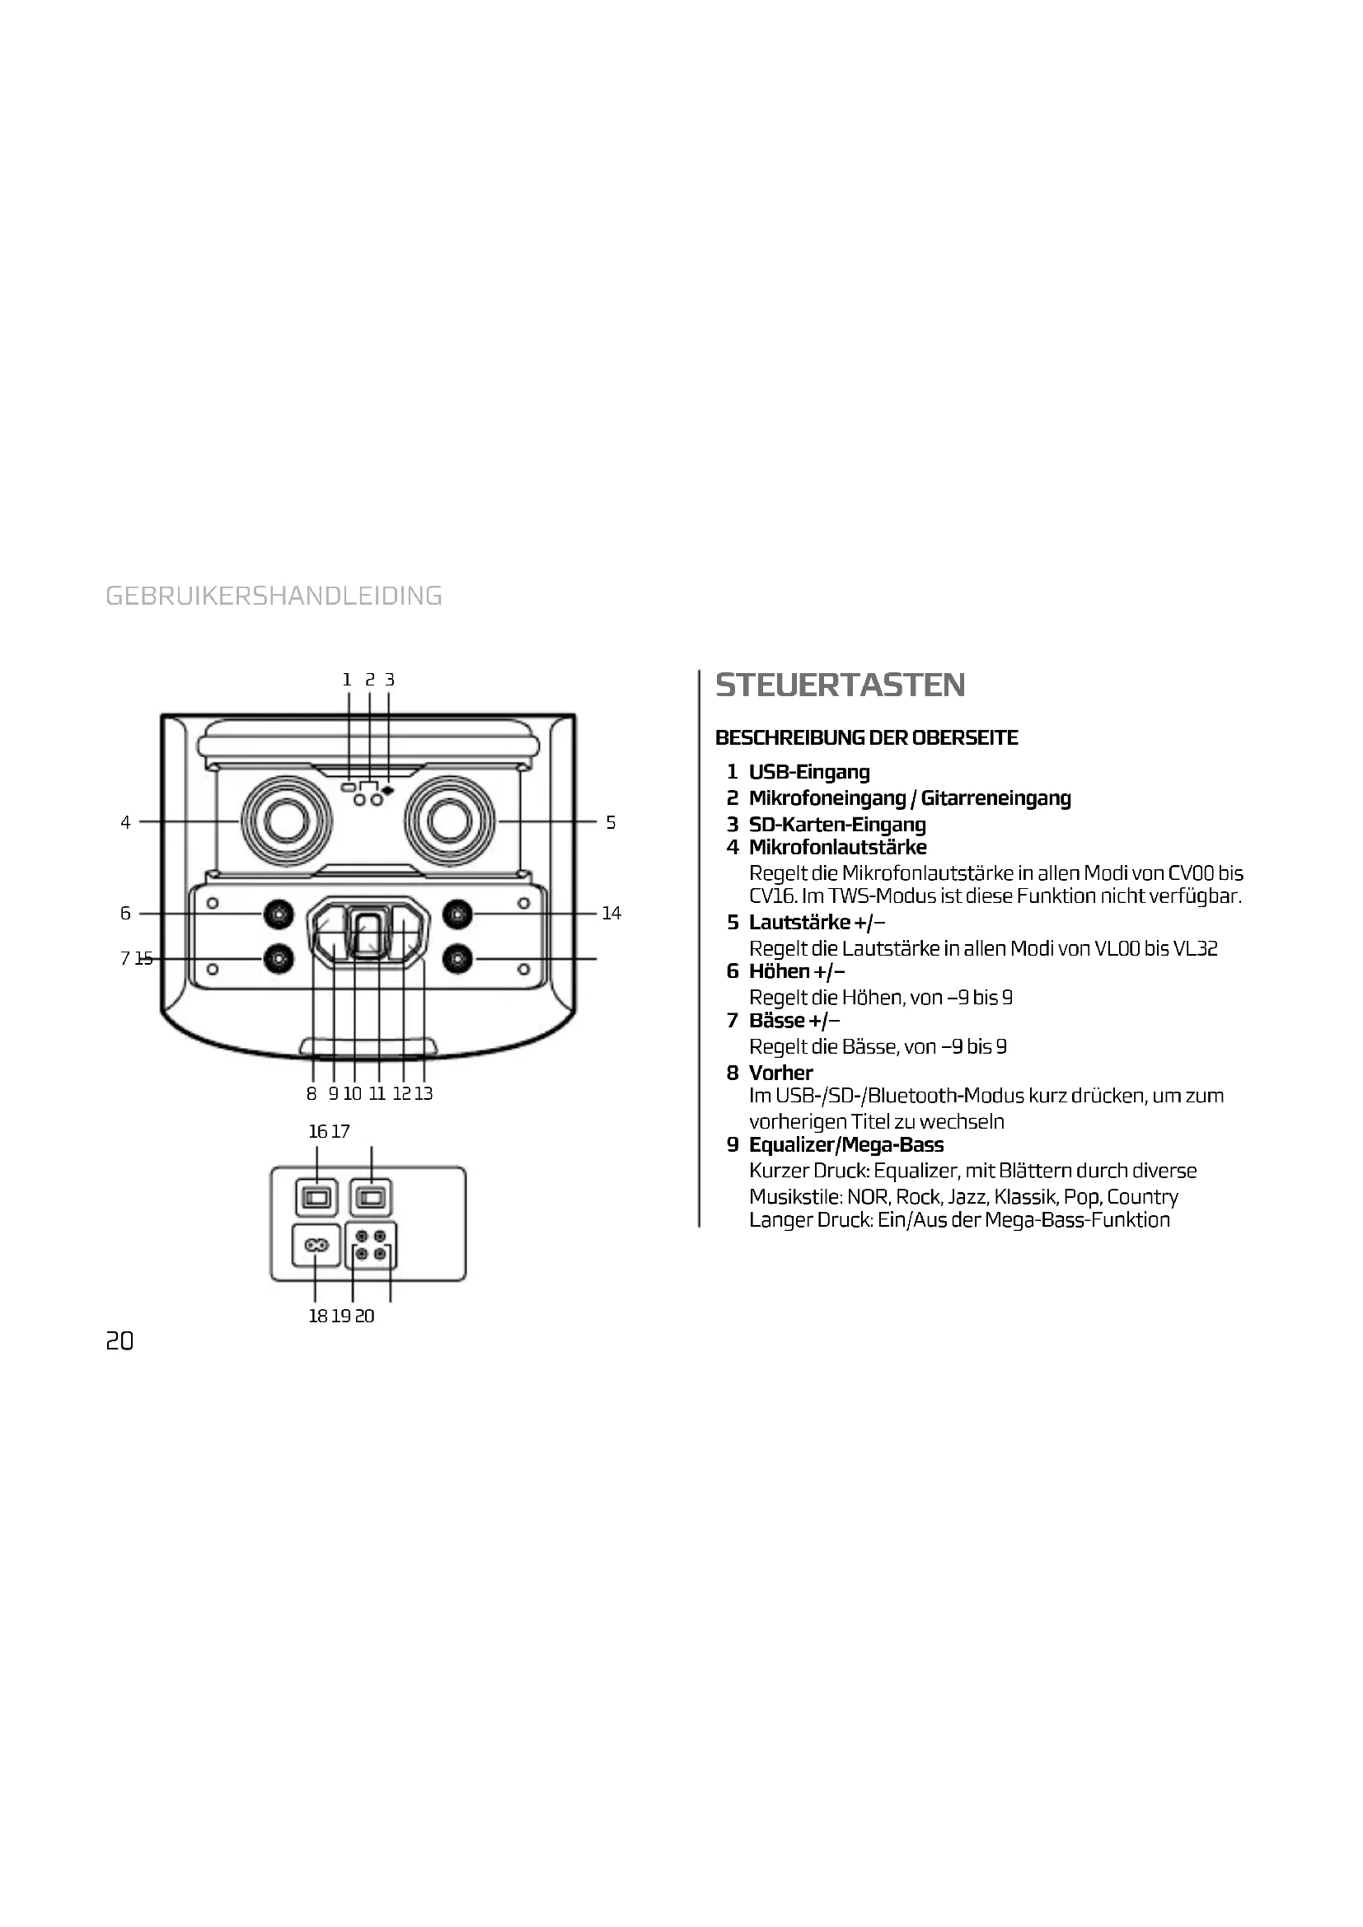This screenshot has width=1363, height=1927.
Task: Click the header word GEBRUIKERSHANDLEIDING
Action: [x=274, y=596]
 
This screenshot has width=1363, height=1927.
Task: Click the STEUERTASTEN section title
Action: [x=840, y=685]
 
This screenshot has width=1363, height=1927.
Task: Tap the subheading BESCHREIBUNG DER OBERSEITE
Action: [x=866, y=737]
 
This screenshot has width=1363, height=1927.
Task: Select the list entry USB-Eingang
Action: [x=809, y=771]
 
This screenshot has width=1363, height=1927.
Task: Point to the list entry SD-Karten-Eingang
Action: [x=836, y=824]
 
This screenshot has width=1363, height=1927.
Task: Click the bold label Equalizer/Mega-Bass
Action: [x=846, y=1145]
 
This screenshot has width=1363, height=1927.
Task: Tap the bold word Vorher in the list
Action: [x=780, y=1073]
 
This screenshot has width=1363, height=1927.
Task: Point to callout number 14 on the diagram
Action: [x=611, y=913]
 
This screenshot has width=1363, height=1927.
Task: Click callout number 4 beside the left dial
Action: [x=125, y=822]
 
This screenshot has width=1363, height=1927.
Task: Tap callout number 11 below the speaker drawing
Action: [x=377, y=1093]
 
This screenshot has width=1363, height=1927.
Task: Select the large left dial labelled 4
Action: [x=286, y=820]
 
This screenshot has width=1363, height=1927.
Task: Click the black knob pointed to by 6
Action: [x=278, y=913]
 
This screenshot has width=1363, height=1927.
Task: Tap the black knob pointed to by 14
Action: [x=457, y=913]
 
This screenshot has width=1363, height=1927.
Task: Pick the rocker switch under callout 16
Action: [x=316, y=1198]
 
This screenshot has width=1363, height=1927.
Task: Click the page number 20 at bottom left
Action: [x=119, y=1341]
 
